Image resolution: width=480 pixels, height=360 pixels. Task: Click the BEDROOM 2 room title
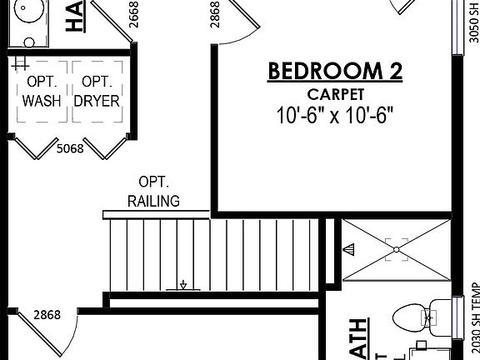click(x=335, y=72)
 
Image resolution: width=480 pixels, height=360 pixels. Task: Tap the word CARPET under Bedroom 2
click(x=335, y=93)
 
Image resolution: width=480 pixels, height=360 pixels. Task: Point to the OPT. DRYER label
click(x=97, y=92)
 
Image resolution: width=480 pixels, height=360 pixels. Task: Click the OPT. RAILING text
click(x=155, y=191)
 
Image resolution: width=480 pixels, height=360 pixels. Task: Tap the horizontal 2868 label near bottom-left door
click(x=47, y=315)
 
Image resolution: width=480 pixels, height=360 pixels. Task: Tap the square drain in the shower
click(x=397, y=247)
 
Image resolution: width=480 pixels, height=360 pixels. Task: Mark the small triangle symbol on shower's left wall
click(x=349, y=248)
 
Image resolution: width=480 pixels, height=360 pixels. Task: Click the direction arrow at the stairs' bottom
click(x=181, y=285)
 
